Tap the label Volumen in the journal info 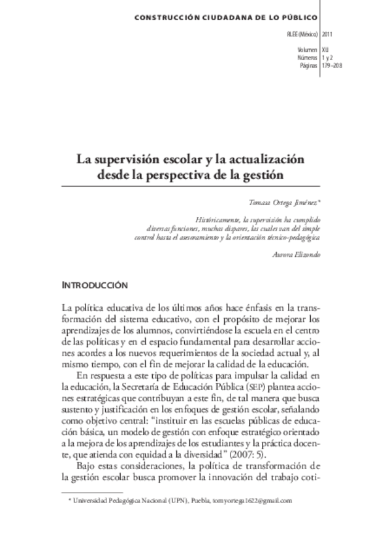click(308, 49)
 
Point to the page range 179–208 click(332, 65)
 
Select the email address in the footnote click(250, 500)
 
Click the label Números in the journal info click(307, 57)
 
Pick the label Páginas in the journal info click(309, 65)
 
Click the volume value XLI click(326, 49)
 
